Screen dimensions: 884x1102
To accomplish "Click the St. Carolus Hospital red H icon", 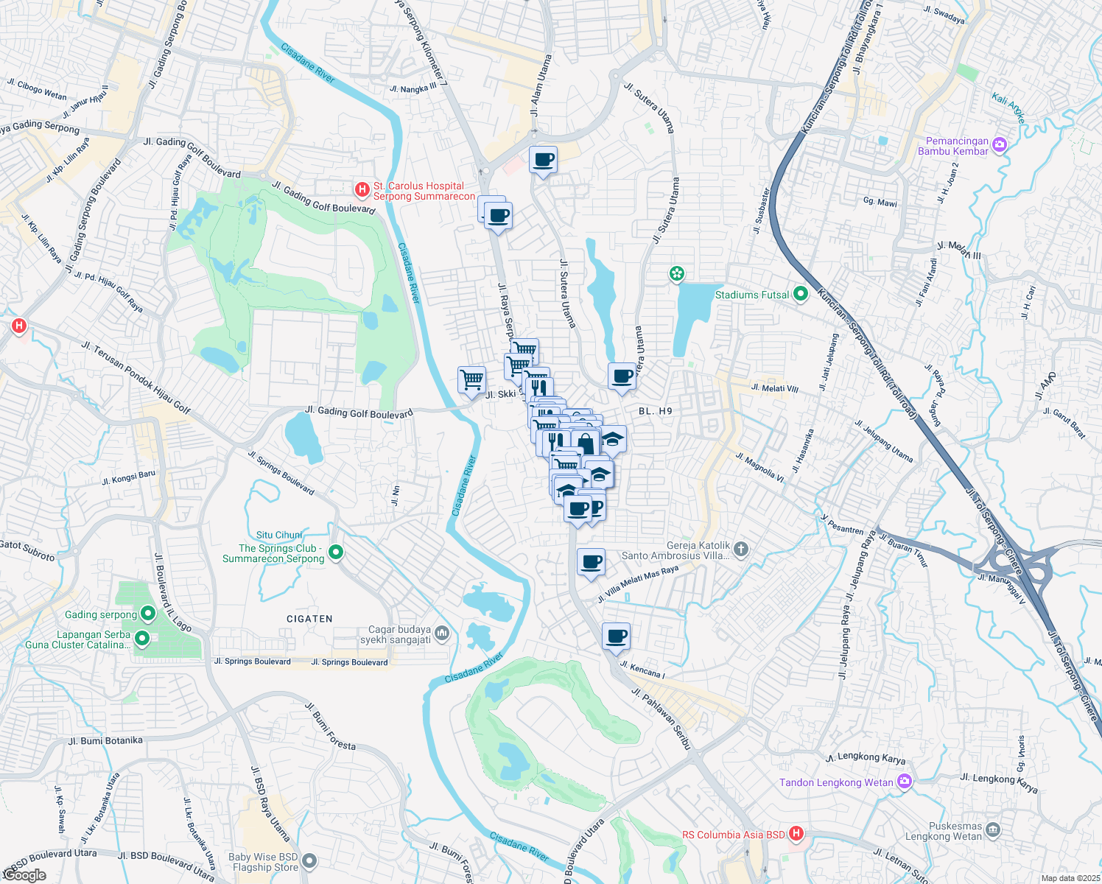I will point(362,190).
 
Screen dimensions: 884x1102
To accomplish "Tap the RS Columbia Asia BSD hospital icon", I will point(796,834).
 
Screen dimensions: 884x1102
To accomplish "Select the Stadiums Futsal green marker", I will point(801,295).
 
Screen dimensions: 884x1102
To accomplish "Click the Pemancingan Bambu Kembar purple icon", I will point(1000,145).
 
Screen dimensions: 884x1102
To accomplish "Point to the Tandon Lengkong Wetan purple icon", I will point(905,782).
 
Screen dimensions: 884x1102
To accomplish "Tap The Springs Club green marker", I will point(336,551).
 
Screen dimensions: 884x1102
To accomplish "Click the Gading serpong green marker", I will point(148,614).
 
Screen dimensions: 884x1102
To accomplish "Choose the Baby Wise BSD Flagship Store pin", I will point(309,860).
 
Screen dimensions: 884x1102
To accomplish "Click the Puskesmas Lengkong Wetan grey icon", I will point(993,830).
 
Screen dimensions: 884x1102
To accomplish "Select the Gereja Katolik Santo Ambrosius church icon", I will point(741,549).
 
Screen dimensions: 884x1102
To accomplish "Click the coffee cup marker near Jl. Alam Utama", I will point(544,160).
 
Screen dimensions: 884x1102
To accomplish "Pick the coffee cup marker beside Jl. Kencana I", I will point(616,636).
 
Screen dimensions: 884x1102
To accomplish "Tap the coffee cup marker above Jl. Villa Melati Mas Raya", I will point(591,563).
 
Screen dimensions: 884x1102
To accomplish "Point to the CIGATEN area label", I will point(309,619).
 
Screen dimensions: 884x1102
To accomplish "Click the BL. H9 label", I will point(656,411).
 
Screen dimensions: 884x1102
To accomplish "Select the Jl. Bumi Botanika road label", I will point(105,740).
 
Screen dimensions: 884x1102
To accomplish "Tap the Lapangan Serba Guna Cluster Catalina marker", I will point(143,639).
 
